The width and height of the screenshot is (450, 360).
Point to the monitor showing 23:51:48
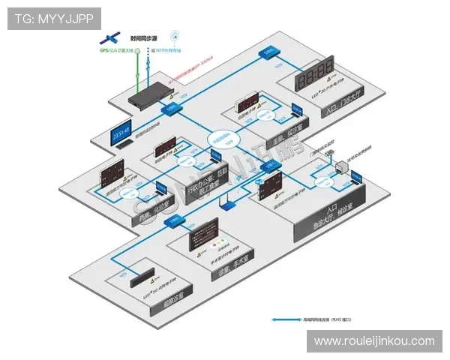coord(121,134)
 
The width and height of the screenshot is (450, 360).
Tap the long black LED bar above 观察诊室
coord(140,277)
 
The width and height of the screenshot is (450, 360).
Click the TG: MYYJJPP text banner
coord(54,18)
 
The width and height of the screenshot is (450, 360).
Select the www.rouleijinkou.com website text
coord(374,341)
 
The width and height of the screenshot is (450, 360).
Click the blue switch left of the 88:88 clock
coord(268,52)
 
